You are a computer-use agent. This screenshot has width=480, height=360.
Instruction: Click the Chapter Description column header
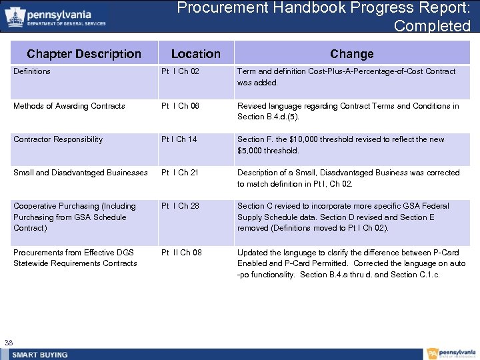tap(84, 54)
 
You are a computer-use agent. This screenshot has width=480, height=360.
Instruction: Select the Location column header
tap(195, 54)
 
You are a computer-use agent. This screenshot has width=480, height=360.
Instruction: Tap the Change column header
tap(351, 54)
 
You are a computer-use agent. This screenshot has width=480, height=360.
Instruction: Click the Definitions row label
tap(32, 71)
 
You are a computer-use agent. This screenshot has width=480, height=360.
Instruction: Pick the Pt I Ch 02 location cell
tap(180, 71)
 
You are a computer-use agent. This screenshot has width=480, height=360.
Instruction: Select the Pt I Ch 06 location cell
tap(180, 106)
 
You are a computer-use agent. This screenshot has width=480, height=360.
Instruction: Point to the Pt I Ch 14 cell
tap(179, 139)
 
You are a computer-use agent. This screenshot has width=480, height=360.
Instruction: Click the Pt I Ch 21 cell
tap(180, 173)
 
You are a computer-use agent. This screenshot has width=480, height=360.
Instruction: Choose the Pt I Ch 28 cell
tap(180, 206)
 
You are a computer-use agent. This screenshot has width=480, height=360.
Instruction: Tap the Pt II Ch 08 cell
tap(181, 253)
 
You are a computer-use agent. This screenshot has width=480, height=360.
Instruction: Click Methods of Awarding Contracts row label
tap(69, 106)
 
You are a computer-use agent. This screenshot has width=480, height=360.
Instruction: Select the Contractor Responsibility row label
tap(58, 139)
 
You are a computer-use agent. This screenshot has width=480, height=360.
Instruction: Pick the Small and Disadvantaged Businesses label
tap(81, 173)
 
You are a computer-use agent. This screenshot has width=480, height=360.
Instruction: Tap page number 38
tap(9, 343)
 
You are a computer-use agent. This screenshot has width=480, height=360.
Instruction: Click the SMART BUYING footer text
tap(40, 354)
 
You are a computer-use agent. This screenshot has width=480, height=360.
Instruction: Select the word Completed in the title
tap(432, 26)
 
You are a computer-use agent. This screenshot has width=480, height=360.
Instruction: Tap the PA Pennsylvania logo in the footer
tap(452, 353)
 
